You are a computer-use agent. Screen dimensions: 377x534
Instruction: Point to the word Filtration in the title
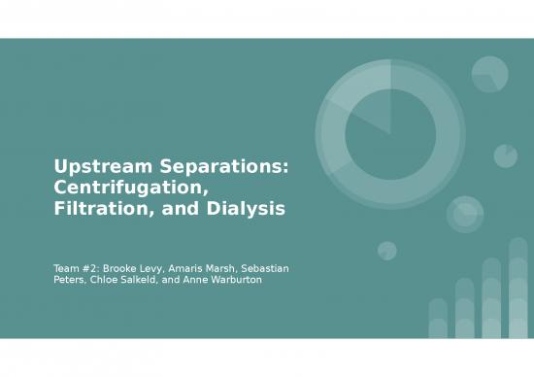[x=100, y=206]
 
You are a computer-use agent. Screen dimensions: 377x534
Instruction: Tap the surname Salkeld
[x=150, y=280]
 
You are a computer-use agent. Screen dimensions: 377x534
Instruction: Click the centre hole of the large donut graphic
[x=389, y=134]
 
